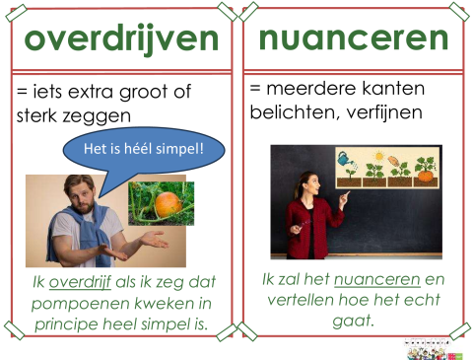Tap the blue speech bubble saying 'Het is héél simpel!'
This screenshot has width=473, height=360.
click(x=144, y=150)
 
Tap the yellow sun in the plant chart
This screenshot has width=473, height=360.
click(x=375, y=156)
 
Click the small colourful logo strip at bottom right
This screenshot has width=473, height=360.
click(x=434, y=352)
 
